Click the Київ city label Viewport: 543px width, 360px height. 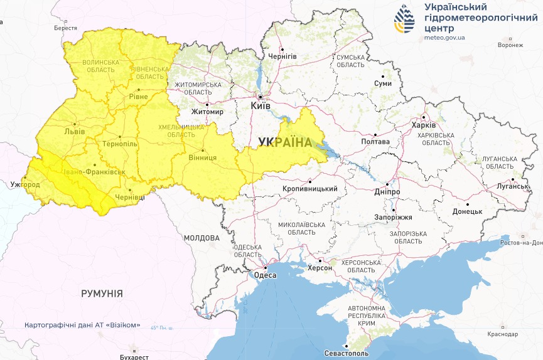coord(261,106)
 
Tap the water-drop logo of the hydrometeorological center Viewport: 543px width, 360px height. coord(404,21)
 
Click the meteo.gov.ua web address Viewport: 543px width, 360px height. coord(444,38)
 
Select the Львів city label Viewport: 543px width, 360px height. coord(75,132)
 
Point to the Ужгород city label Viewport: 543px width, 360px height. coord(25,185)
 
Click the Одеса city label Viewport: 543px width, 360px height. coord(266,275)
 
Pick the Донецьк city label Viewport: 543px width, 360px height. coord(467,211)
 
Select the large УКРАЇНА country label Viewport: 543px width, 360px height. coord(284,142)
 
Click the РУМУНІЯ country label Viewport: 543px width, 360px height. coord(102,293)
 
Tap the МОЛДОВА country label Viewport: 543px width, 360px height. coord(202,238)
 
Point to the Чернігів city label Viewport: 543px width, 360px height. coord(282,56)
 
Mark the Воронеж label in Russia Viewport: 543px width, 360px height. coord(510,45)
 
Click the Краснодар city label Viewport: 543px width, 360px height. coord(506,334)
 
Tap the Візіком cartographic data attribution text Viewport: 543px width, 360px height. coord(82,326)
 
